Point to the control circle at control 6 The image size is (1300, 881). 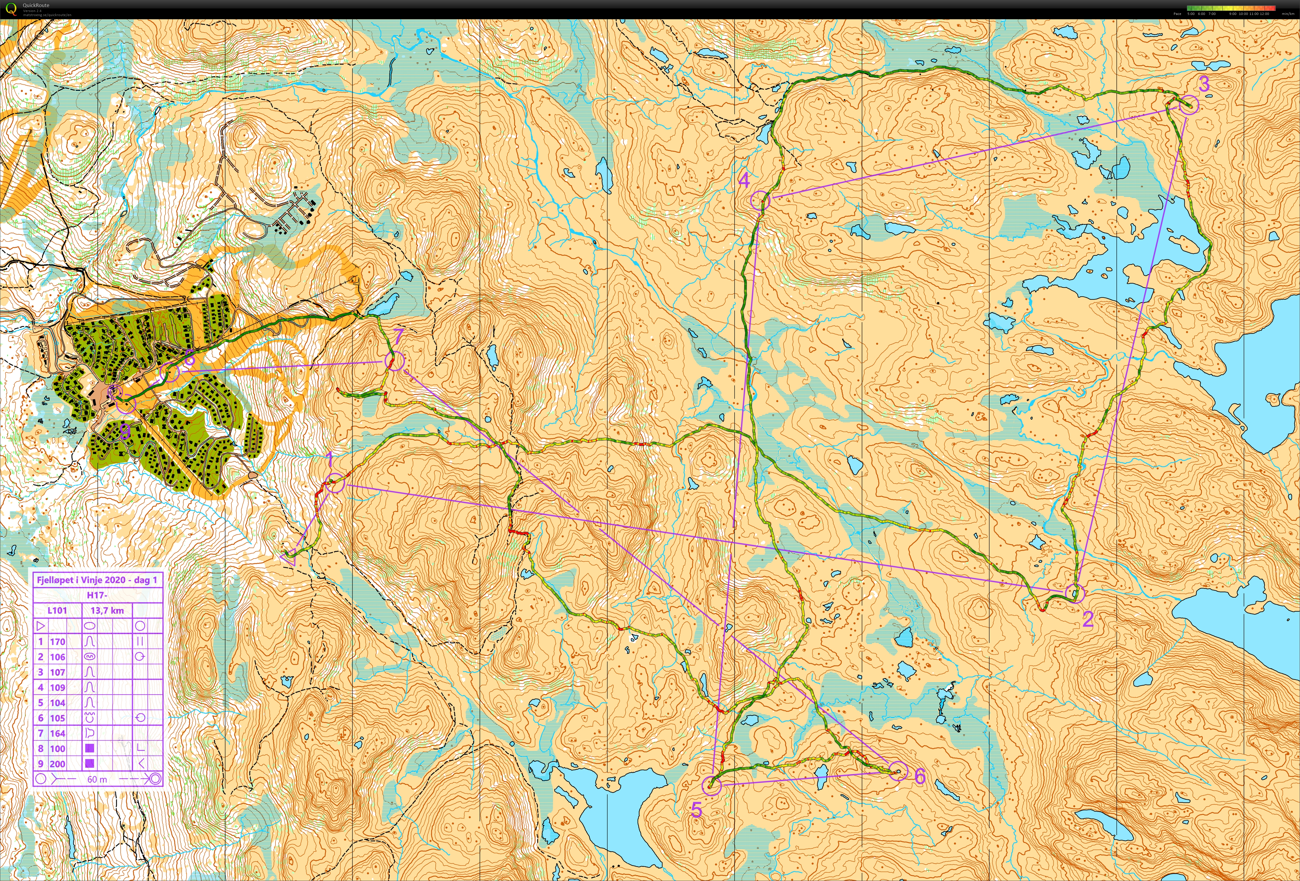click(x=898, y=771)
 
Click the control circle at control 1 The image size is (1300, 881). click(x=334, y=483)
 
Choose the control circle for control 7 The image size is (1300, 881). click(x=394, y=361)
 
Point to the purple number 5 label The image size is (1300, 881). click(x=697, y=810)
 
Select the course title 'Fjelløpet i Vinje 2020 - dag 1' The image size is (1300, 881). click(x=97, y=580)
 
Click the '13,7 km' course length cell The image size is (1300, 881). click(x=107, y=611)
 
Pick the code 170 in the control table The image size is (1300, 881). click(x=58, y=641)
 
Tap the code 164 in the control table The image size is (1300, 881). click(x=58, y=733)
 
